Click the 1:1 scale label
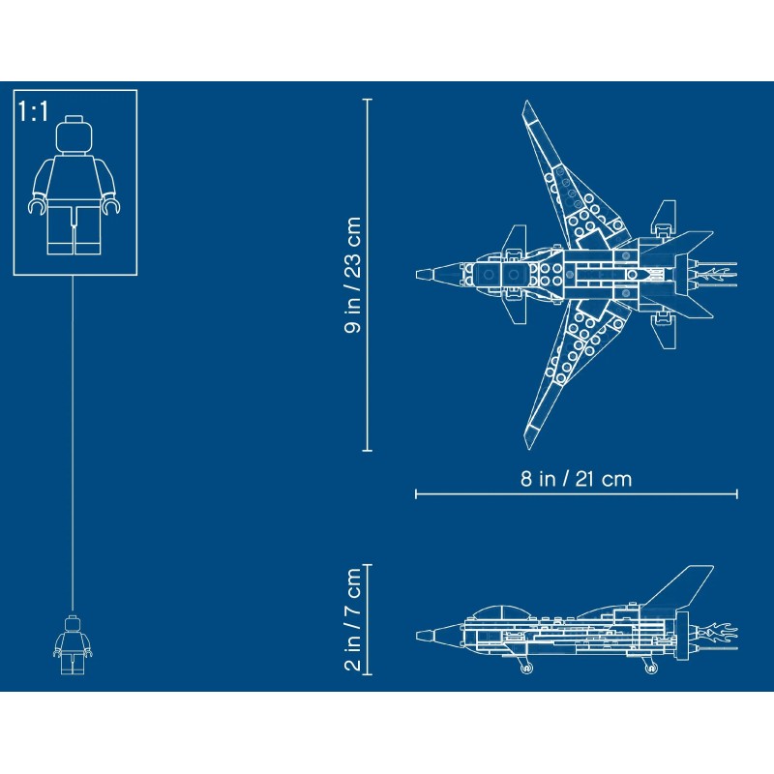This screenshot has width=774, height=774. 33,111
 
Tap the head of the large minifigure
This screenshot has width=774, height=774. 74,134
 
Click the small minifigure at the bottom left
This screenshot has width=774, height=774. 74,644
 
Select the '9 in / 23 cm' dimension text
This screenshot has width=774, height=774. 353,275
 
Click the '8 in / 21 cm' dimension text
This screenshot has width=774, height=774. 576,478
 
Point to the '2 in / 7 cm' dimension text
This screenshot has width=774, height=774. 353,619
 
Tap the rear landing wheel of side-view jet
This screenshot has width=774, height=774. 649,665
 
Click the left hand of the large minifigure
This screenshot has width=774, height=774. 37,204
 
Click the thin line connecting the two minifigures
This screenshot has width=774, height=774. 74,435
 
